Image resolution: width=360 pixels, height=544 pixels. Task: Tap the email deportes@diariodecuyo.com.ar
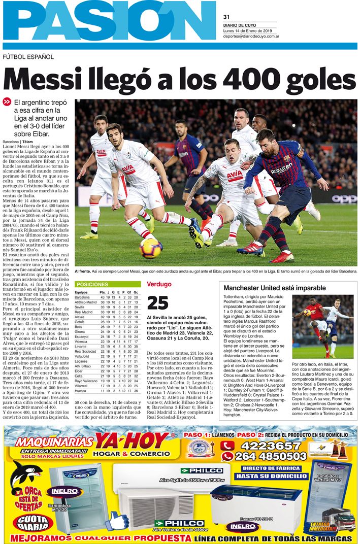[x=251, y=37]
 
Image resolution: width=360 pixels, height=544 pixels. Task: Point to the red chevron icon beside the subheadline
[x=7, y=102]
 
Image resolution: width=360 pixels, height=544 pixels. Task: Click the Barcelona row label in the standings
[x=84, y=297]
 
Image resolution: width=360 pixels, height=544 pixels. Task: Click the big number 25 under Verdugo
[x=157, y=303]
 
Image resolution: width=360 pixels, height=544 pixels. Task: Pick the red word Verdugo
[x=159, y=284]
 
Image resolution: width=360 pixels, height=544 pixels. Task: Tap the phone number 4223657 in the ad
[x=264, y=446]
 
